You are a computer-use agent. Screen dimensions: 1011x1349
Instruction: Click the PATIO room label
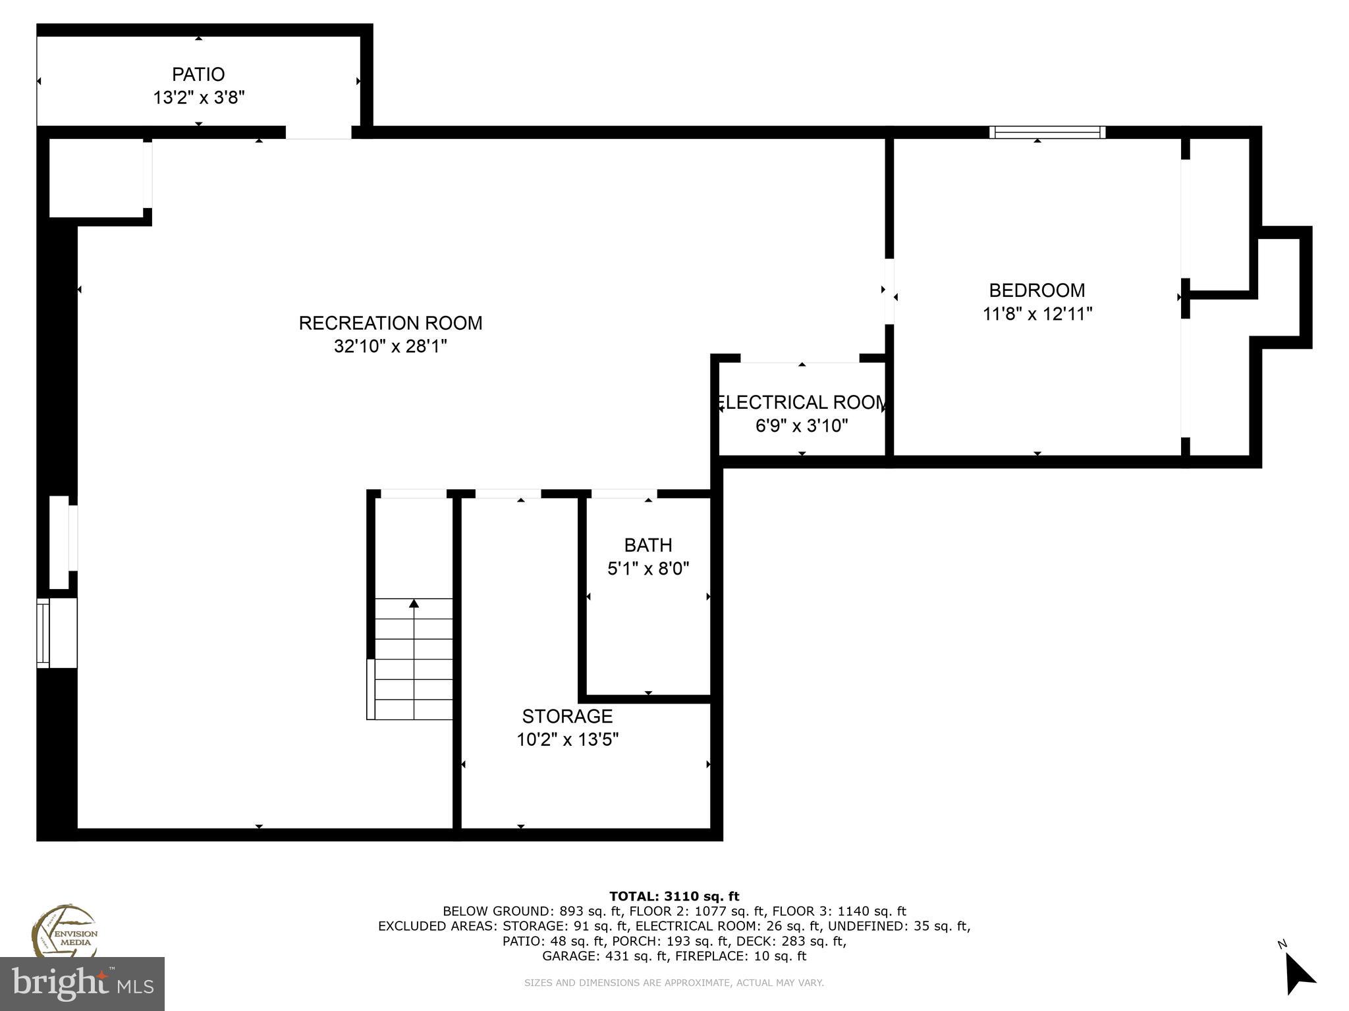(198, 74)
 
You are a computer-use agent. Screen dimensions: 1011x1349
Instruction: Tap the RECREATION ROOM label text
(391, 323)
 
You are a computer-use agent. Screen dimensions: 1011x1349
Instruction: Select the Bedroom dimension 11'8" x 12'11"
(1037, 314)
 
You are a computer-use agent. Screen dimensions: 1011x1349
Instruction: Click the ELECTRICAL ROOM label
(802, 402)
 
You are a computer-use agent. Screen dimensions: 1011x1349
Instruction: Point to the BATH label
(648, 545)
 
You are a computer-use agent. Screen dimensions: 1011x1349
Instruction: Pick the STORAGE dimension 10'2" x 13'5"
(567, 740)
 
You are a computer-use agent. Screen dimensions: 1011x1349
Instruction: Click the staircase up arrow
(414, 604)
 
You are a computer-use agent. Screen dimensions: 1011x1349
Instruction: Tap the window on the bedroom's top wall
(1047, 132)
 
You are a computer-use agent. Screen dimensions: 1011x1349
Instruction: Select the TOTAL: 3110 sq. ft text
(674, 896)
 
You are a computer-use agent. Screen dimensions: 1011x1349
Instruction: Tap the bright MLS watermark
(82, 983)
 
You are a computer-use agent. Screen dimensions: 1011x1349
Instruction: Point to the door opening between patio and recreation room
(318, 132)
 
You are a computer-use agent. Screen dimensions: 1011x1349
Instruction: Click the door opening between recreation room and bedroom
(889, 291)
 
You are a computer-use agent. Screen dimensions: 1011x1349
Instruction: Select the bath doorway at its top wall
(624, 494)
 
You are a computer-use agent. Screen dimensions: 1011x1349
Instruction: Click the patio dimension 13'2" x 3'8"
(199, 98)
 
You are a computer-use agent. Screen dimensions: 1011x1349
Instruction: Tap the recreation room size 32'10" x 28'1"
(391, 346)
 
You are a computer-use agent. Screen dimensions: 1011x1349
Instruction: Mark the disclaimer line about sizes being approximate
(674, 983)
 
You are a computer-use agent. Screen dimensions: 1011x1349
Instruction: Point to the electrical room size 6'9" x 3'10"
(802, 426)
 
